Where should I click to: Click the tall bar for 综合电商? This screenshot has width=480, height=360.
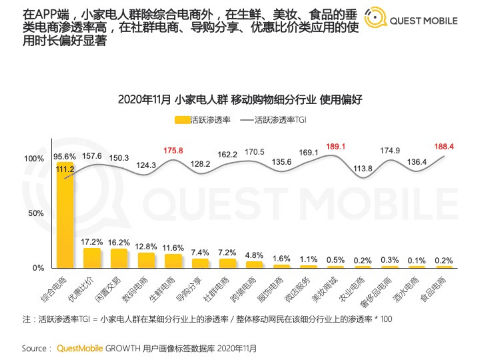(x=65, y=215)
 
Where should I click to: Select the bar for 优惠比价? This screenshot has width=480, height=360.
(x=92, y=258)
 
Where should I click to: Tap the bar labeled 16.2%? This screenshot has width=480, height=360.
(x=119, y=258)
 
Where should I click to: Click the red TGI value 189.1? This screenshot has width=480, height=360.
(x=336, y=147)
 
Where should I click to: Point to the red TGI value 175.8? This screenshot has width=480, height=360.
(x=173, y=150)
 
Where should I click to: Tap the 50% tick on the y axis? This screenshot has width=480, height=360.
(x=35, y=213)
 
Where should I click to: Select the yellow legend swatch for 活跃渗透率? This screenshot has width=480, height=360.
(x=182, y=121)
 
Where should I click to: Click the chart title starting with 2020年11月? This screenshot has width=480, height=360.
(x=240, y=100)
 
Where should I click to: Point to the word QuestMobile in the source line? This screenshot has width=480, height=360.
(x=80, y=347)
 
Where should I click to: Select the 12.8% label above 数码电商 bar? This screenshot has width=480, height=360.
(x=146, y=247)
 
